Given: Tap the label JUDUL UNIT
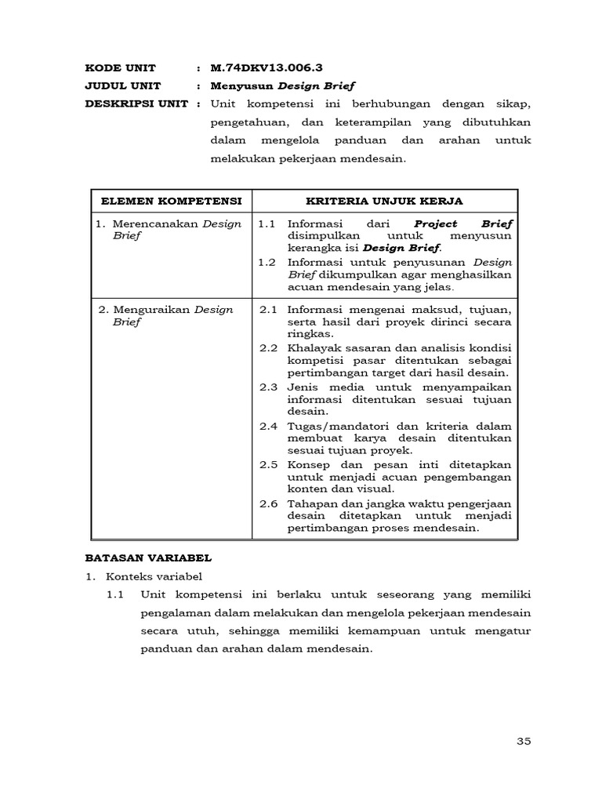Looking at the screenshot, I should point(123,85).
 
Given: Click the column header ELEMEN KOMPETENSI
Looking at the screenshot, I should point(172,201).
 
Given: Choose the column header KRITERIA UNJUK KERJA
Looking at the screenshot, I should point(384,201).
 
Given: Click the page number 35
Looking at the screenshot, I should point(524,741).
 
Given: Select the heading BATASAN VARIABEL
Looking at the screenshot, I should point(148,559).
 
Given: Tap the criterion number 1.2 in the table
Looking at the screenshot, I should point(267,261).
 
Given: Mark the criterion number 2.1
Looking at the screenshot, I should point(269,309).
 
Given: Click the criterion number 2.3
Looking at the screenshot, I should point(269,387).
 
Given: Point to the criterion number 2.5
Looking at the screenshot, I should point(269,463).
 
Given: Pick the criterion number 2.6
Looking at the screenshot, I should point(269,503).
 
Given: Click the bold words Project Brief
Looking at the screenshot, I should point(462,223).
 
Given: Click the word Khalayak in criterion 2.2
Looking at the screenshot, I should point(311,347).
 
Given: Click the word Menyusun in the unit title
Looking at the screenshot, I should point(238,85).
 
